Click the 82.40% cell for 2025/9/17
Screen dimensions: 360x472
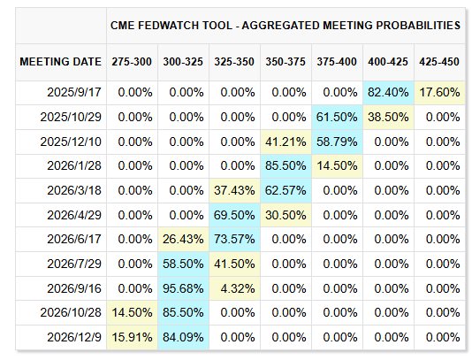click(x=390, y=92)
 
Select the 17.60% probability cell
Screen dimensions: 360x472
click(x=441, y=92)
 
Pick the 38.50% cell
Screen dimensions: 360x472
click(x=390, y=117)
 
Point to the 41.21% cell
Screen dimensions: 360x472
click(x=286, y=141)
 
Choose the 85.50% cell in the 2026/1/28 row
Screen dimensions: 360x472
click(x=286, y=165)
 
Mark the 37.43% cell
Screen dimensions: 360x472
click(x=235, y=189)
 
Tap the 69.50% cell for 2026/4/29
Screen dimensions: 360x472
click(x=235, y=214)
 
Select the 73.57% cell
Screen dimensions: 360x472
click(x=235, y=238)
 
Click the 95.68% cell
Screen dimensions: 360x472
click(x=184, y=287)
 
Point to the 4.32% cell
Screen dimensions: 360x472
click(x=235, y=287)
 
